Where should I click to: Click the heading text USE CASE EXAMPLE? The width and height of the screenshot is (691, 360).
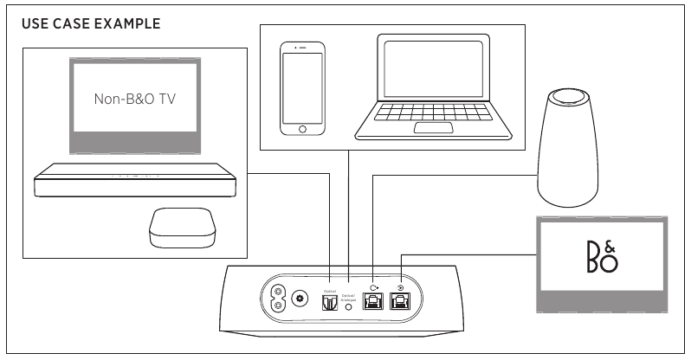91,23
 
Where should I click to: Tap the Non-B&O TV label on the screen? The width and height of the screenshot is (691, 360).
134,99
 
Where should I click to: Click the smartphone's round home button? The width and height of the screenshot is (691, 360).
302,129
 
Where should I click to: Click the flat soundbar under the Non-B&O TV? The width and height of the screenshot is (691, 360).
135,183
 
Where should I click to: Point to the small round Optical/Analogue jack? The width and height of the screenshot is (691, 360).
350,306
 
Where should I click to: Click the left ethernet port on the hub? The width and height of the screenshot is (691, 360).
373,303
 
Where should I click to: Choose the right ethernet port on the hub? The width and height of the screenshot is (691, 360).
401,303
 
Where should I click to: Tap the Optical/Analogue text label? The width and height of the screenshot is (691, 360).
350,295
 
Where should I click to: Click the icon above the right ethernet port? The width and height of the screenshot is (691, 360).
401,288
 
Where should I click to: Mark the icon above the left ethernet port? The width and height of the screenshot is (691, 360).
373,288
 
